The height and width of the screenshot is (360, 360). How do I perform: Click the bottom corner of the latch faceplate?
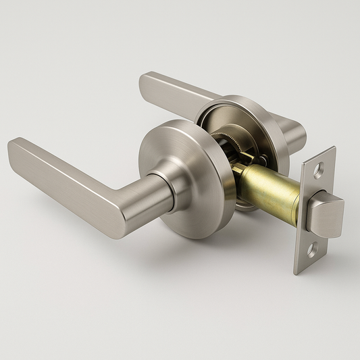(297, 272)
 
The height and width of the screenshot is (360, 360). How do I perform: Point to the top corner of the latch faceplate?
(333, 149)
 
